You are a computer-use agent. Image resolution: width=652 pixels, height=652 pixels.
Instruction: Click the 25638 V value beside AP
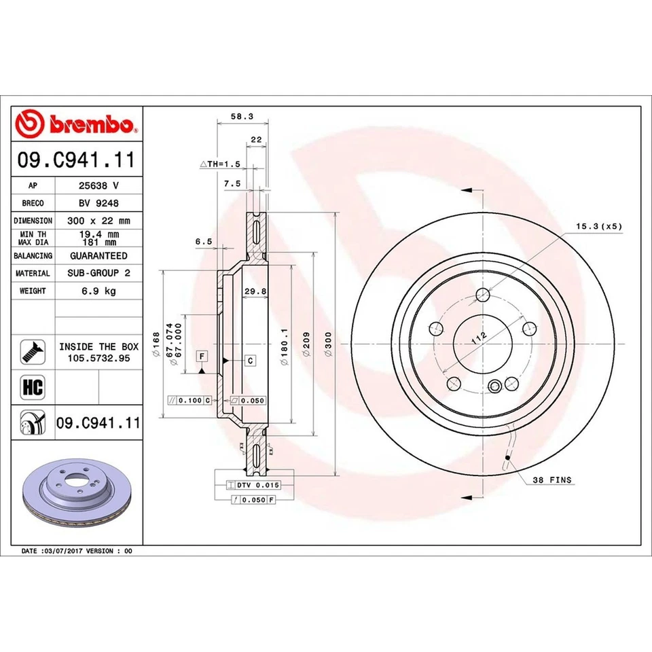[98, 185]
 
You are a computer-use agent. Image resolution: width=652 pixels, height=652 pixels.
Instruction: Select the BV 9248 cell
[98, 203]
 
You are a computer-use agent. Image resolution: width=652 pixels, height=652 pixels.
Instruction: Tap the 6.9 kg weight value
[98, 291]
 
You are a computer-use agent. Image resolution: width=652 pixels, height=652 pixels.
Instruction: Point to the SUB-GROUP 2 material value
[98, 273]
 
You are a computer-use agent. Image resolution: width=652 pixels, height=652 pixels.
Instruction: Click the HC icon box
[33, 388]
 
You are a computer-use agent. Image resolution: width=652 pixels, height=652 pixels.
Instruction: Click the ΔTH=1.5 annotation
[220, 164]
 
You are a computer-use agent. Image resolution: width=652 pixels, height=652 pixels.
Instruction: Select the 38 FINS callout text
[553, 479]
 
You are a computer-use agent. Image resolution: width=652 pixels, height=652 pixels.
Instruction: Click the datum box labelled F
[202, 356]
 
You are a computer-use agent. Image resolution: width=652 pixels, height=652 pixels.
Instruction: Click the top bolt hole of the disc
[482, 295]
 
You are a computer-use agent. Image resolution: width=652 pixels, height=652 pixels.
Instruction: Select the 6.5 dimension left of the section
[204, 241]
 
